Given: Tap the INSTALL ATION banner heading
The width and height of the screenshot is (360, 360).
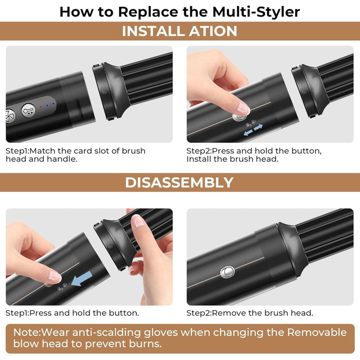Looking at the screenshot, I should click(x=179, y=31).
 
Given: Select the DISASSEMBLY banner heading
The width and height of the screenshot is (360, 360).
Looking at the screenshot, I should click(x=179, y=182).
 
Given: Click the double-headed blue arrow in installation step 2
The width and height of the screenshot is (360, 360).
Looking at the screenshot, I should click(x=254, y=129).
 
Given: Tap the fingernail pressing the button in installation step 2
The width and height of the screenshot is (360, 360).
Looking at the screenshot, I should click(x=244, y=108).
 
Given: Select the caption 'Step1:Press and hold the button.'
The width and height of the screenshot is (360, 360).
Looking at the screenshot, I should click(x=72, y=313).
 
